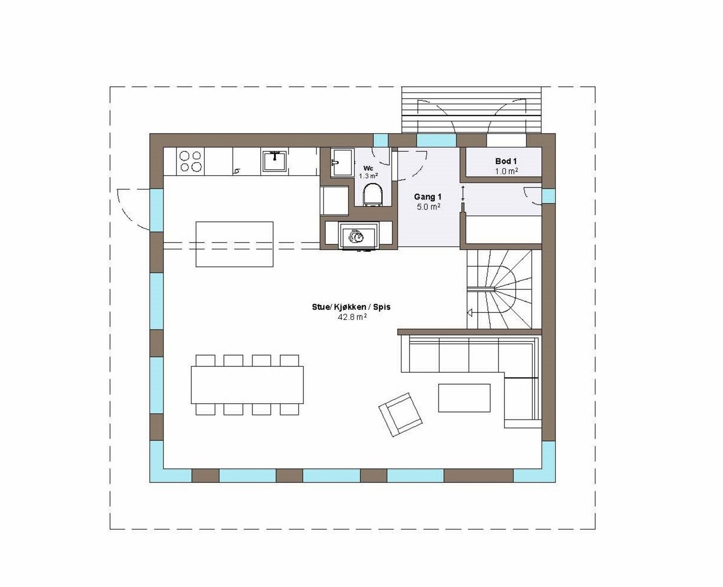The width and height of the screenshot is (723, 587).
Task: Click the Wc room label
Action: pyautogui.click(x=368, y=168)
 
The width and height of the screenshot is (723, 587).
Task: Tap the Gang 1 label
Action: pyautogui.click(x=427, y=197)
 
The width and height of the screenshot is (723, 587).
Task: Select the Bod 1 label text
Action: pyautogui.click(x=506, y=161)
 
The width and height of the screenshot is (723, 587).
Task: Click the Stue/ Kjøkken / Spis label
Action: pyautogui.click(x=351, y=307)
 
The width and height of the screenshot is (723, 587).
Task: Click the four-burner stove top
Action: pyautogui.click(x=190, y=161)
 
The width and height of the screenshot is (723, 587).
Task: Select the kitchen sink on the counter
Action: pyautogui.click(x=274, y=161)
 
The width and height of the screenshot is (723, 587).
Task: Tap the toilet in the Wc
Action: pyautogui.click(x=373, y=195)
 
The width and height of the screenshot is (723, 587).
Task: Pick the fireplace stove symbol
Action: pyautogui.click(x=358, y=236)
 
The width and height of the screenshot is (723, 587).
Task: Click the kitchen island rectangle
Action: pyautogui.click(x=234, y=244)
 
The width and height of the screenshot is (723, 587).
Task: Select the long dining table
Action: pyautogui.click(x=247, y=385)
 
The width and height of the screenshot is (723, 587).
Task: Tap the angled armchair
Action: pyautogui.click(x=400, y=414)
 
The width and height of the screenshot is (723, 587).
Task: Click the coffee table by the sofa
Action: pyautogui.click(x=464, y=398)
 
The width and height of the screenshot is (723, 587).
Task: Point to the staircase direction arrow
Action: pyautogui.click(x=470, y=312)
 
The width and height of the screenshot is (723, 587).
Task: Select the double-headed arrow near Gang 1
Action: pyautogui.click(x=463, y=193)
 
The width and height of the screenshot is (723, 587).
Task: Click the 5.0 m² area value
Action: pyautogui.click(x=428, y=207)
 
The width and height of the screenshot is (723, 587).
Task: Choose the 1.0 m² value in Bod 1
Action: pyautogui.click(x=506, y=171)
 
